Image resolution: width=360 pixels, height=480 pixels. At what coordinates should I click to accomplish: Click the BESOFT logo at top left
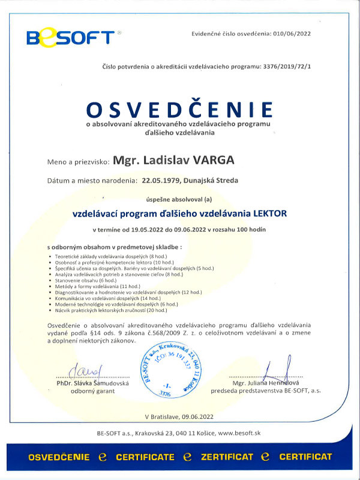coord(71,37)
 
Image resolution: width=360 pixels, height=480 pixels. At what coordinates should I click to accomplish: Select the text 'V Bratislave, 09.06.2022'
coord(179,416)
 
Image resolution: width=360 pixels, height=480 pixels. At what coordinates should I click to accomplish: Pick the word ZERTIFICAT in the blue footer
coord(227,457)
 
